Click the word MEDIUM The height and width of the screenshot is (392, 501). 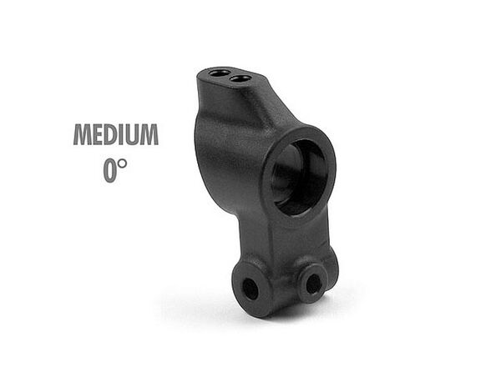(x=116, y=134)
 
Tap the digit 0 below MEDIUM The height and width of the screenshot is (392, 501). (x=109, y=171)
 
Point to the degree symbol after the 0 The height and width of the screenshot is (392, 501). (x=122, y=163)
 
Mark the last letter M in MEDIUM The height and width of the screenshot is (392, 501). (x=149, y=134)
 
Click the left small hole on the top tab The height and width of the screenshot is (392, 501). (x=219, y=73)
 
